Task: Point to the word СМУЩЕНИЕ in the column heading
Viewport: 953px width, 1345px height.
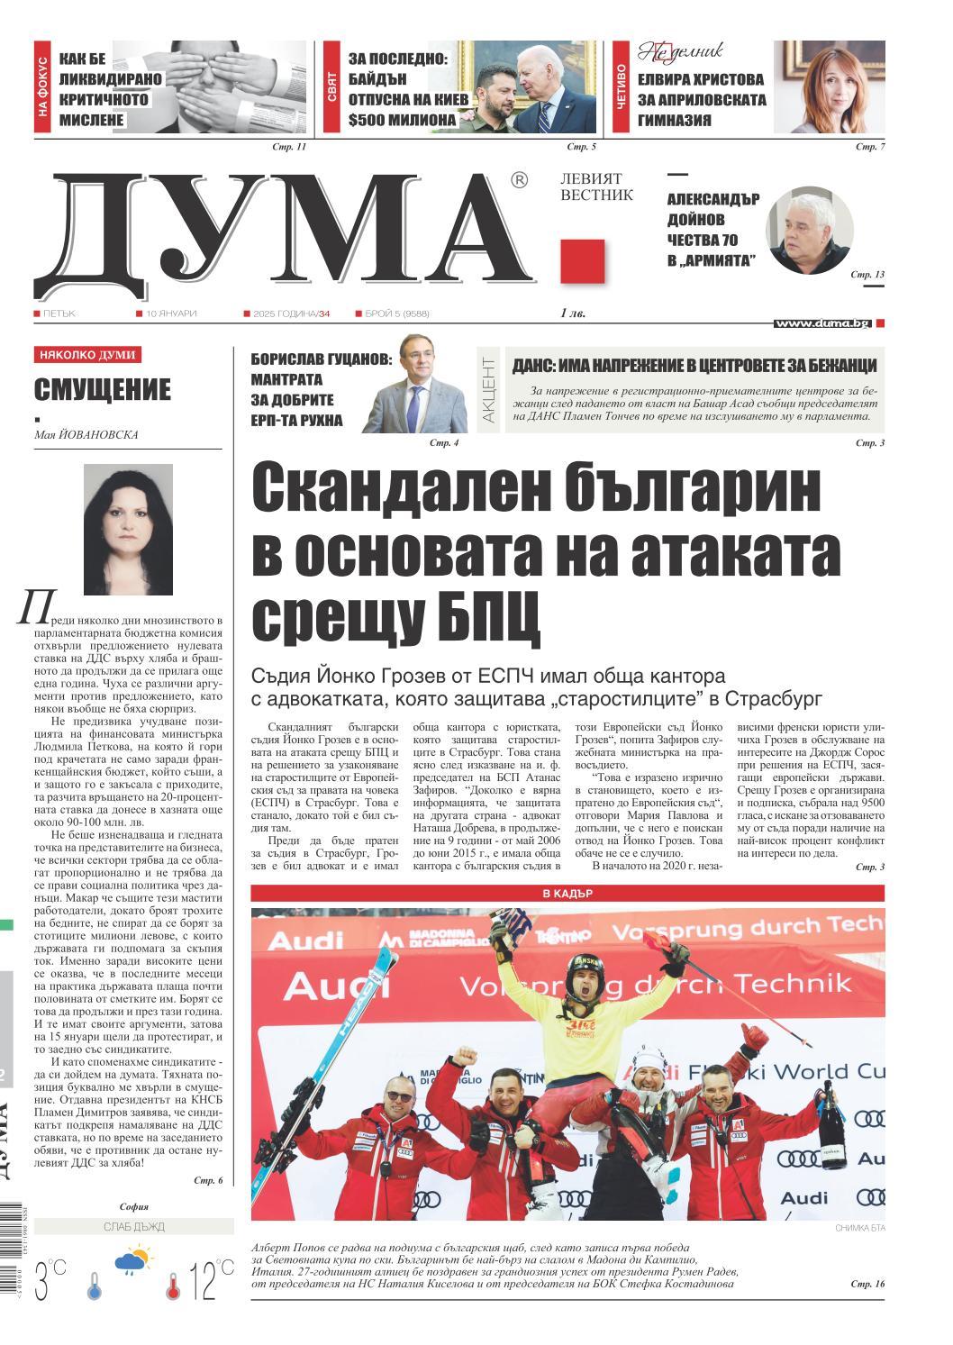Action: click(102, 390)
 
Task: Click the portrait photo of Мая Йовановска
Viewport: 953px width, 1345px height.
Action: click(127, 529)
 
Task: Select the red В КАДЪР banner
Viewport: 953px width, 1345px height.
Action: click(567, 894)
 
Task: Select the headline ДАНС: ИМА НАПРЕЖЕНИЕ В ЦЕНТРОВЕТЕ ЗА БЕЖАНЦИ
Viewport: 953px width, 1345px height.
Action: click(694, 366)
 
